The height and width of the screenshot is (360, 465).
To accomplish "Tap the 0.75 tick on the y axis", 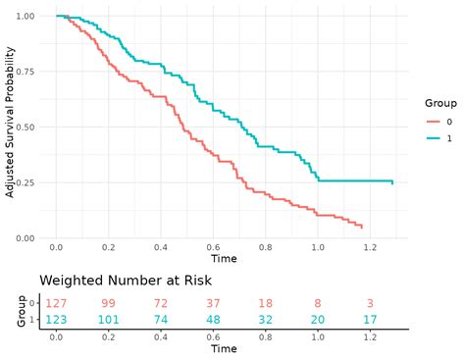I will tap(24, 72).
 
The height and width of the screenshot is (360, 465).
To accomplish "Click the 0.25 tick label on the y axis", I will tap(24, 182).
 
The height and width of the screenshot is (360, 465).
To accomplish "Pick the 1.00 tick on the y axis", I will tap(24, 17).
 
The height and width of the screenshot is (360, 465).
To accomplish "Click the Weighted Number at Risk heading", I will tap(125, 281).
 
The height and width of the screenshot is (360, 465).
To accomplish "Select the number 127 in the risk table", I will tap(56, 304).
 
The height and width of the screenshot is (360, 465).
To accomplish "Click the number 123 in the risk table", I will tap(56, 320).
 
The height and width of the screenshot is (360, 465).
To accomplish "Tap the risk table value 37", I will tap(212, 304).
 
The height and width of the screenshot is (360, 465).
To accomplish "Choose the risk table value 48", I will tap(212, 320).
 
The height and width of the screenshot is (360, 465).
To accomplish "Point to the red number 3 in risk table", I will tap(370, 304).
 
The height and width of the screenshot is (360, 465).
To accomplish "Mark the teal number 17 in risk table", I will tap(370, 320).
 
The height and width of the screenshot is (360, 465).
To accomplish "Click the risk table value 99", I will tap(108, 304).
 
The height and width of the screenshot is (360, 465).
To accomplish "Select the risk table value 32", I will tap(265, 320).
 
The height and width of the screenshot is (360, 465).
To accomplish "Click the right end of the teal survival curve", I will tap(392, 183).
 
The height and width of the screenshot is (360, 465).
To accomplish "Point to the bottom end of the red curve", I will tap(362, 228).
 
